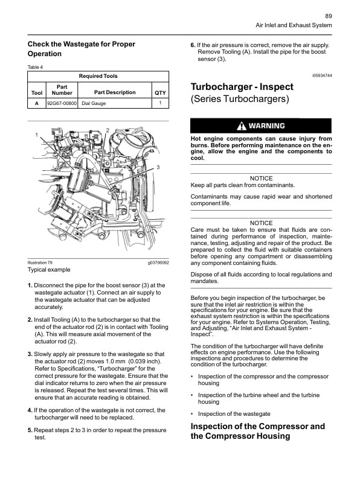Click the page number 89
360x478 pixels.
coord(328,16)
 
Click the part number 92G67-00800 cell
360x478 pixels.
coord(62,103)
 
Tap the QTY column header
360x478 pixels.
coord(160,92)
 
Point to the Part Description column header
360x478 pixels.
coord(115,92)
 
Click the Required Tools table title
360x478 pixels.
coord(98,76)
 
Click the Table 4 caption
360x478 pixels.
coord(36,67)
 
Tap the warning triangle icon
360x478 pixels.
coord(242,126)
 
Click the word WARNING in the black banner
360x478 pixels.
coord(266,126)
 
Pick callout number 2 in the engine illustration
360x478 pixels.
coord(108,130)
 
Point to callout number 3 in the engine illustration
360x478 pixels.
coord(158,167)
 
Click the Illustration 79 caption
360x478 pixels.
coord(40,263)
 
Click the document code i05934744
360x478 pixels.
coord(322,76)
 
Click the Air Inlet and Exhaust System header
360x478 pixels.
coord(294,25)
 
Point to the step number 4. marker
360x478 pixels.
coord(30,410)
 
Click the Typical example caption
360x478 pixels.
coord(49,270)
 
